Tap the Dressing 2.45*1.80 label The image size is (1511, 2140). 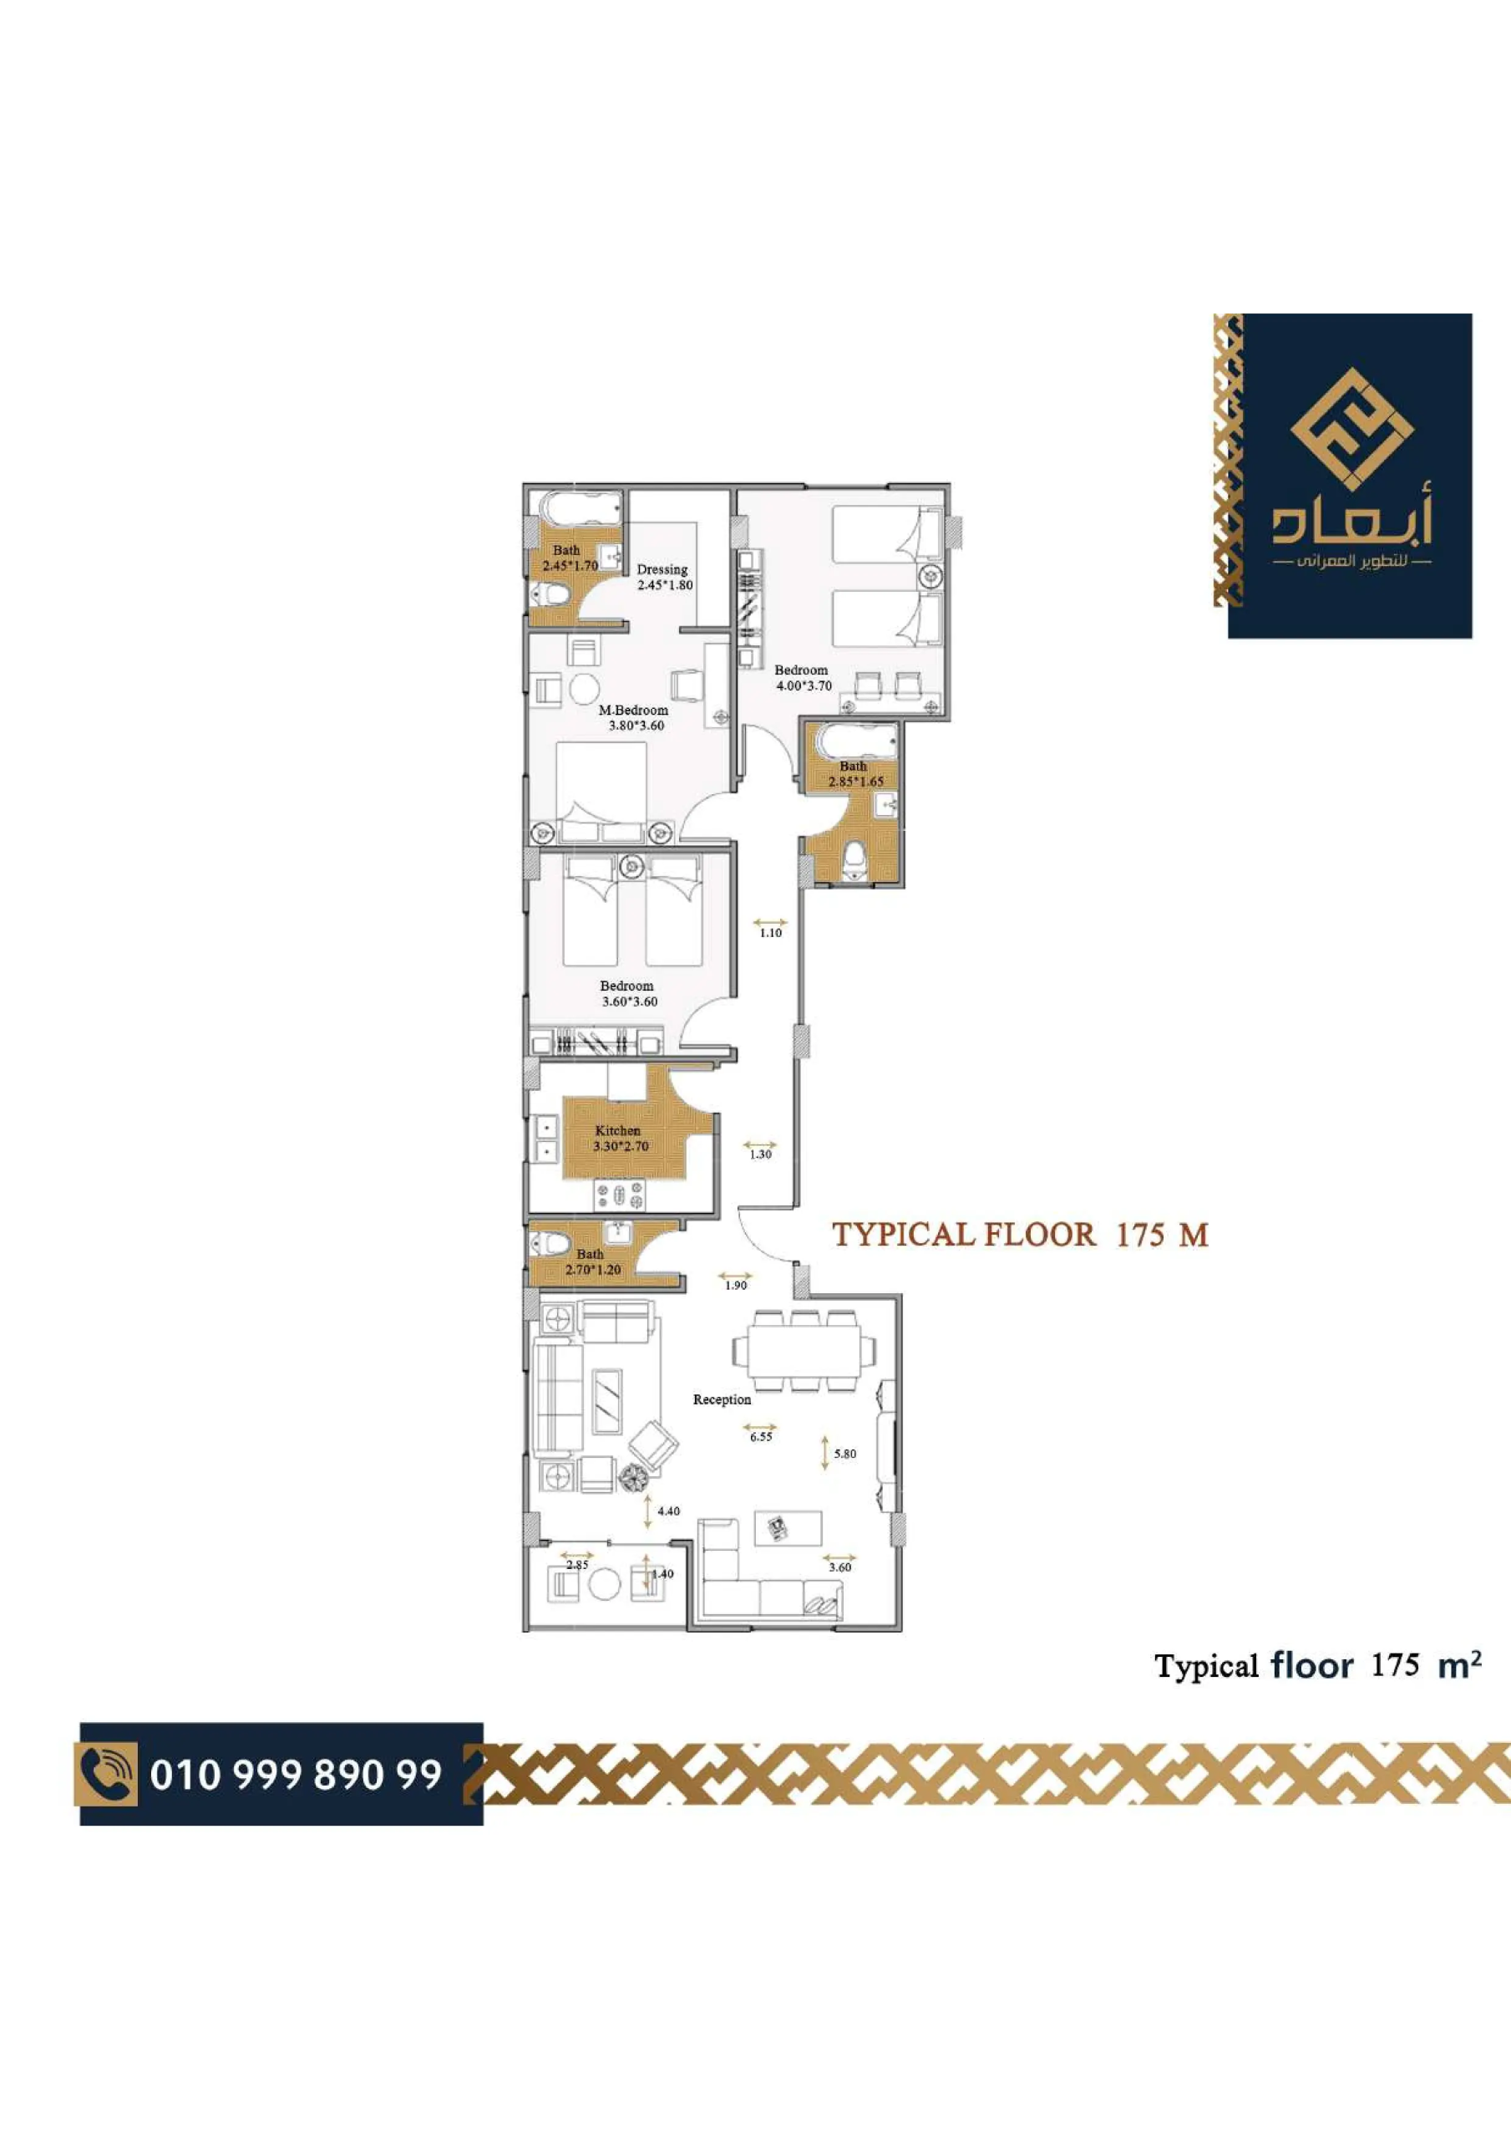(x=664, y=577)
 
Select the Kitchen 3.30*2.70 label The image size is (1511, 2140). (x=621, y=1138)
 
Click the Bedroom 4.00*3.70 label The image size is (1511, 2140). (x=803, y=678)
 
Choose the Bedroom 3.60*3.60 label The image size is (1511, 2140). (x=629, y=994)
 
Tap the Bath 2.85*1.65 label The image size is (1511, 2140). (x=855, y=773)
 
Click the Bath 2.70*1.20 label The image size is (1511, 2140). (x=592, y=1262)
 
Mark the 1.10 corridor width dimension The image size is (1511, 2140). (x=770, y=932)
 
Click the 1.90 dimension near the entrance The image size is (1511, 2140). (x=736, y=1286)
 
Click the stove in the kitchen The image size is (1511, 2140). (x=620, y=1195)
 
